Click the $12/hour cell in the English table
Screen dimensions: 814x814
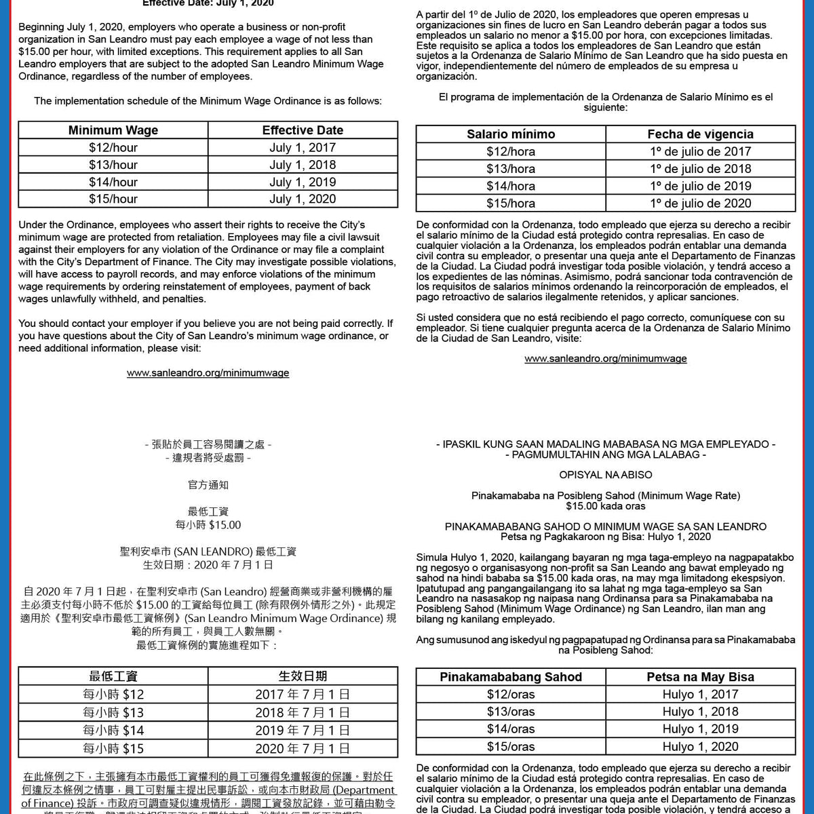[113, 147]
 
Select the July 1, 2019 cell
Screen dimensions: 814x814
[303, 182]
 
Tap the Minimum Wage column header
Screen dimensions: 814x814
[113, 130]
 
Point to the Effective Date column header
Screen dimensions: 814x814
[303, 130]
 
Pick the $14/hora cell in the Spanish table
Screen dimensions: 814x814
[510, 186]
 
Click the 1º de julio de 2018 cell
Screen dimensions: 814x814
[700, 169]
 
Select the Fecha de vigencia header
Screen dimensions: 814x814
[700, 134]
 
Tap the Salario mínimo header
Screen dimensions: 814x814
[510, 134]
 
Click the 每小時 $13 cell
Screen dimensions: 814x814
[113, 712]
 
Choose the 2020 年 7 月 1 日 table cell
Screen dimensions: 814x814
[303, 749]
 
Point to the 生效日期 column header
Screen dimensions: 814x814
[303, 676]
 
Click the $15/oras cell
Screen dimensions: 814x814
[510, 746]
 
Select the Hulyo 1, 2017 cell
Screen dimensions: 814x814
[700, 694]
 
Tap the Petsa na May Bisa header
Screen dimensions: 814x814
[700, 677]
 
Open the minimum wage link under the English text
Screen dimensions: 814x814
[208, 373]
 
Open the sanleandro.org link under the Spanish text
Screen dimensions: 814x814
[605, 359]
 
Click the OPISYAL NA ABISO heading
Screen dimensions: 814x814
[605, 475]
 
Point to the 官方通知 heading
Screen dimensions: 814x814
[208, 485]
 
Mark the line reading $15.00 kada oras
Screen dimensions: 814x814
[605, 506]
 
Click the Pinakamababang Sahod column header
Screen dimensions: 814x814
[510, 677]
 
